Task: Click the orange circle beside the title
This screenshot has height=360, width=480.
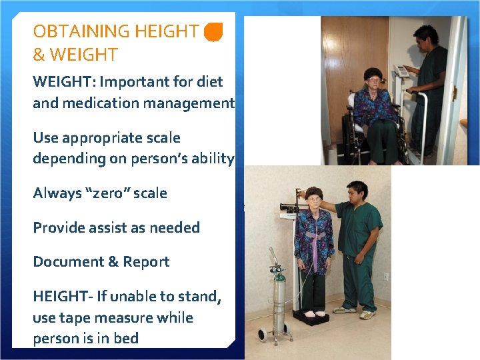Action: click(213, 31)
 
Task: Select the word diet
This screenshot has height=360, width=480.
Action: click(209, 82)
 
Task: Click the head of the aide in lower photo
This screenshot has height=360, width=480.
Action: click(356, 192)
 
